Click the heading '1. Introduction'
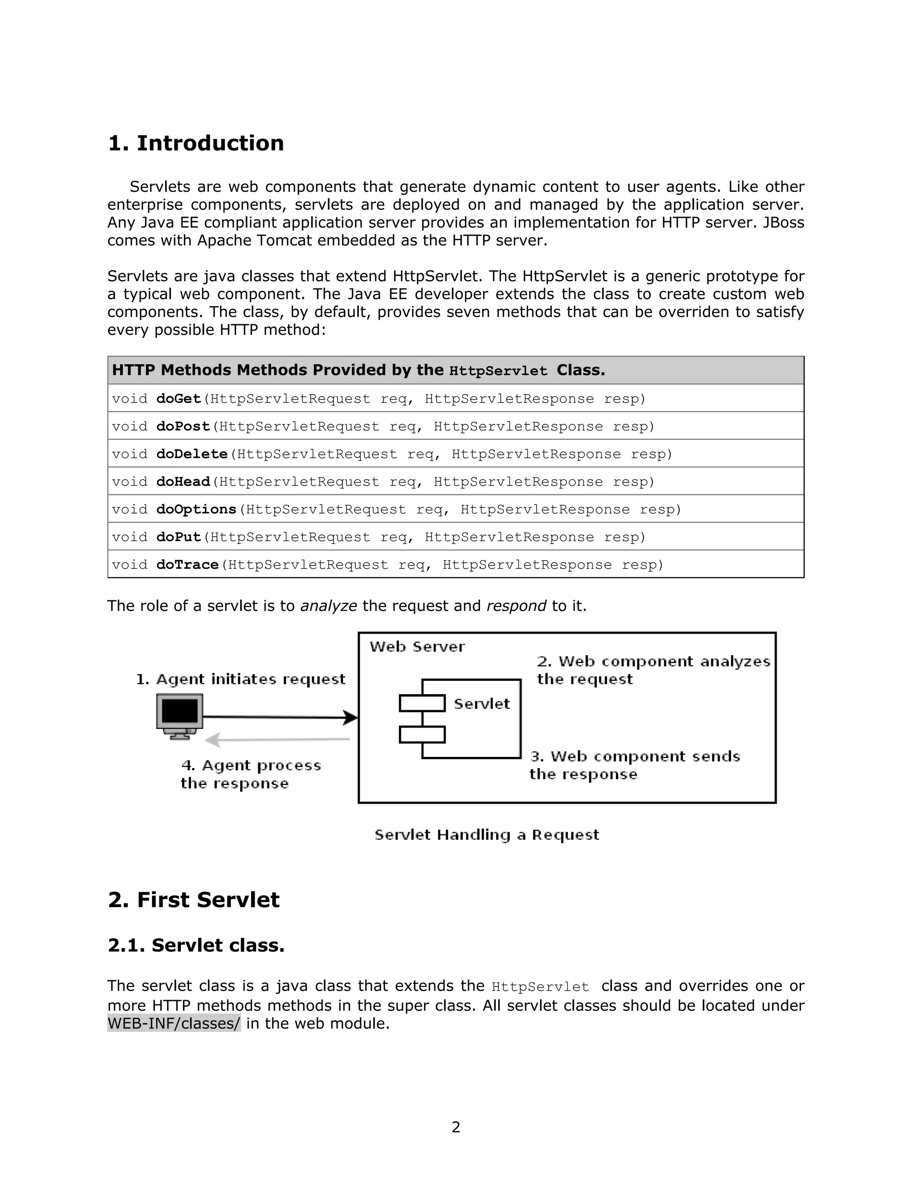[195, 144]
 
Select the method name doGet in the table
[178, 399]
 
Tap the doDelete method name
[192, 454]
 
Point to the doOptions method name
[196, 509]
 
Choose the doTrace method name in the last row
[187, 565]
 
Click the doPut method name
[178, 537]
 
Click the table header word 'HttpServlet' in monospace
[498, 371]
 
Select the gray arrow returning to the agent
[278, 739]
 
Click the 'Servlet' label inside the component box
[481, 704]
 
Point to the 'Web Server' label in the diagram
[417, 647]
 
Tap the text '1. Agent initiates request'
[240, 679]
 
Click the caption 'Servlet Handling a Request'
[487, 835]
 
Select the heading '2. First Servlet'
[193, 900]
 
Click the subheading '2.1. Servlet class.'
[195, 945]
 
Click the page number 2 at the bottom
[456, 1127]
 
